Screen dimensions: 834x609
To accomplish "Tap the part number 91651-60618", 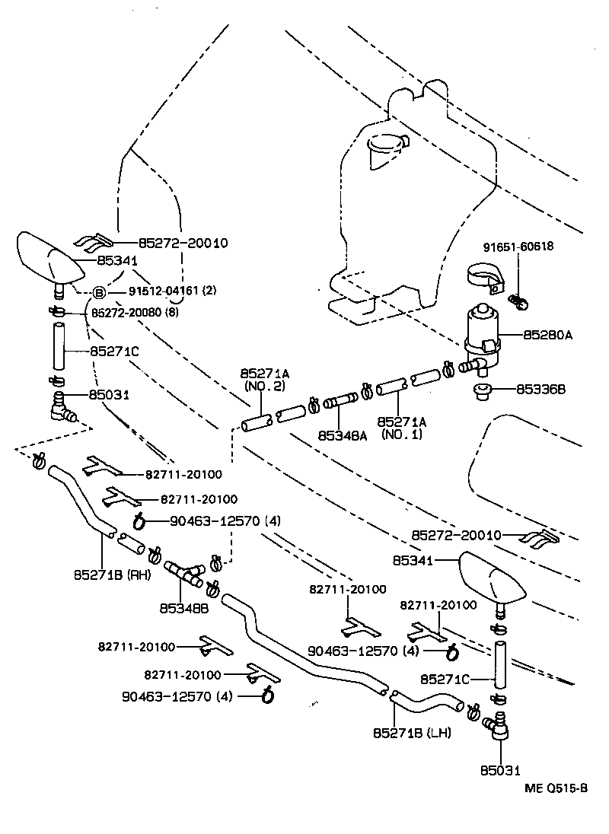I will point(518,247).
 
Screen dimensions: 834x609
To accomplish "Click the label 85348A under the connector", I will point(343,436).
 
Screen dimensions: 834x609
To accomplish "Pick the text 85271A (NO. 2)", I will point(263,379).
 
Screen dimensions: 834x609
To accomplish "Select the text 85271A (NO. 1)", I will point(402,428).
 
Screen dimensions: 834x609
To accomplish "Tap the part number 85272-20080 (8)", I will point(135,312).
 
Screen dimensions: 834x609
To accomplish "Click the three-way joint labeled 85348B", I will point(183,572).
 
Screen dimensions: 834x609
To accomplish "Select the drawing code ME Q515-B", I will point(555,788).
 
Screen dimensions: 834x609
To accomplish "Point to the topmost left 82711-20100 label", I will point(183,474).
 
